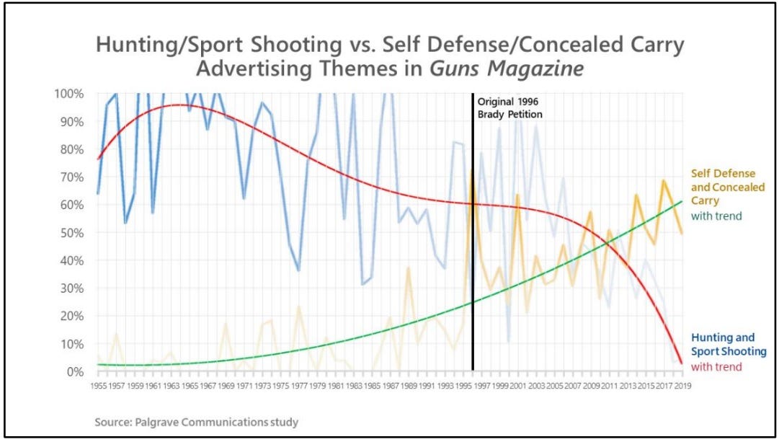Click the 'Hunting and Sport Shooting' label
(724, 345)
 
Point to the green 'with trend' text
(716, 216)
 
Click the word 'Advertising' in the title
(251, 71)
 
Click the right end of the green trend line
(681, 202)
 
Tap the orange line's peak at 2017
(663, 181)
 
